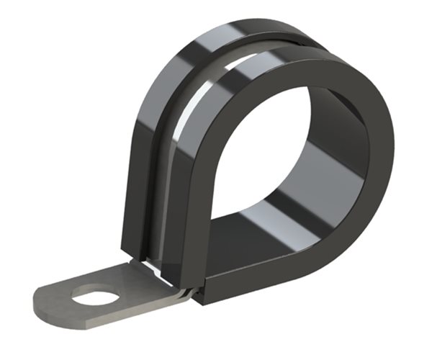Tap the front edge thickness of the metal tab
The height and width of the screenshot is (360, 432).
coord(108,317)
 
